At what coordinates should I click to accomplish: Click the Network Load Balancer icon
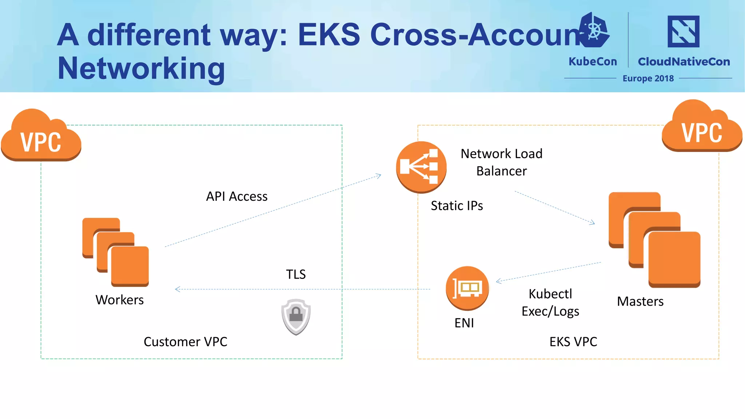(x=421, y=167)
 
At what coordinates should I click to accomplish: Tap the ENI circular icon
(x=467, y=288)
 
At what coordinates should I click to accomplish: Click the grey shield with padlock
(x=296, y=316)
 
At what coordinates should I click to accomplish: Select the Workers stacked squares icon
(x=116, y=252)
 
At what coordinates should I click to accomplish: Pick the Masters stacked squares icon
(x=654, y=239)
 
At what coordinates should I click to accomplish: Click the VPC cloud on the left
(x=41, y=136)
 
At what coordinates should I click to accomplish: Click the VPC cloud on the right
(x=702, y=127)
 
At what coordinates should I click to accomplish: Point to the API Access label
(x=237, y=196)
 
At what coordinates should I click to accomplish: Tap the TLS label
(x=296, y=274)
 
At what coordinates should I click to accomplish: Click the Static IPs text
(x=457, y=206)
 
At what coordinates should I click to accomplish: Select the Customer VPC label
(x=186, y=342)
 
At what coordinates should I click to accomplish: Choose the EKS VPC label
(x=573, y=342)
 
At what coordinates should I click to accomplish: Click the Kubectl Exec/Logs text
(x=550, y=303)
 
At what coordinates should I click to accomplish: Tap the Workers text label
(x=120, y=300)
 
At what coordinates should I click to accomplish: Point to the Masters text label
(x=640, y=302)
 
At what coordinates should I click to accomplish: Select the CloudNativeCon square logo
(x=683, y=32)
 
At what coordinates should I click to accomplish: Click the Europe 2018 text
(x=648, y=79)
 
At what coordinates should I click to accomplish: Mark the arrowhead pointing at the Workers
(x=177, y=290)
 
